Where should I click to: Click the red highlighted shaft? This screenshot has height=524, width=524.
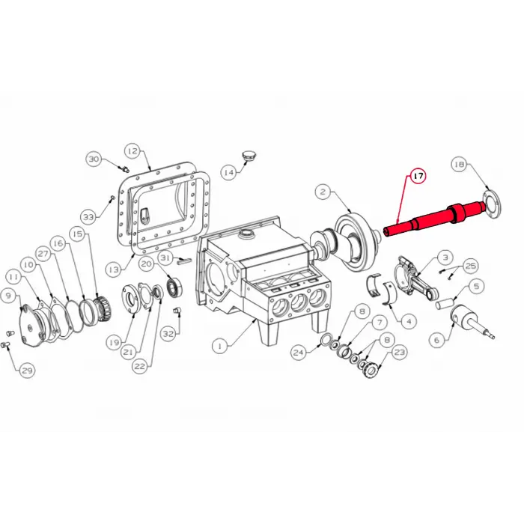point(434,218)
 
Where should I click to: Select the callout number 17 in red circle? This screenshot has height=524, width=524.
point(417,176)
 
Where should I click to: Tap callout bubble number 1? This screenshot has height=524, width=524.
point(219,346)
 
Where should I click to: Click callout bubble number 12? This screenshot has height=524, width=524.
point(132,150)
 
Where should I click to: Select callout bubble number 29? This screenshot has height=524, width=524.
point(27,370)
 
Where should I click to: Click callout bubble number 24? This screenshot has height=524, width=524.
point(299,351)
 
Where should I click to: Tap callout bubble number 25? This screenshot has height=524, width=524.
point(471,266)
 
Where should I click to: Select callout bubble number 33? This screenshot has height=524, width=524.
point(89,217)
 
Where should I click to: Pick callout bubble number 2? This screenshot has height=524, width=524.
point(323,192)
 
